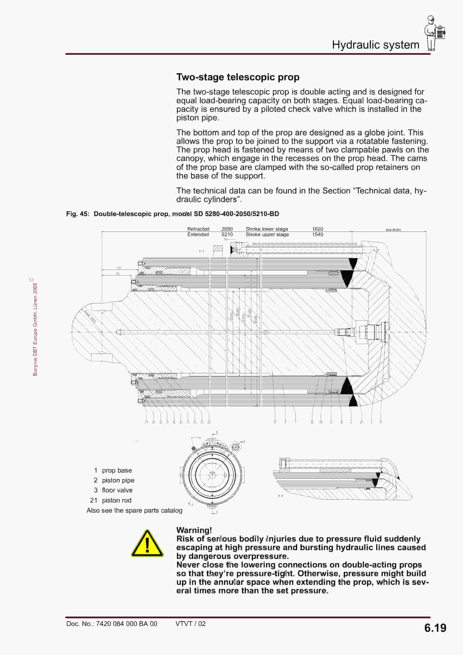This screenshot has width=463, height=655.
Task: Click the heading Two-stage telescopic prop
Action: (238, 77)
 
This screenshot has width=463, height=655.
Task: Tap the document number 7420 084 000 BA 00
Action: (126, 624)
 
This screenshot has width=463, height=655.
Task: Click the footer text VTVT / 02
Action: (190, 624)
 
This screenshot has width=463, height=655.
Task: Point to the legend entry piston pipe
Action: (118, 480)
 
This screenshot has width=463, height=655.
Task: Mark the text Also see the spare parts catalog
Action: (134, 510)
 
